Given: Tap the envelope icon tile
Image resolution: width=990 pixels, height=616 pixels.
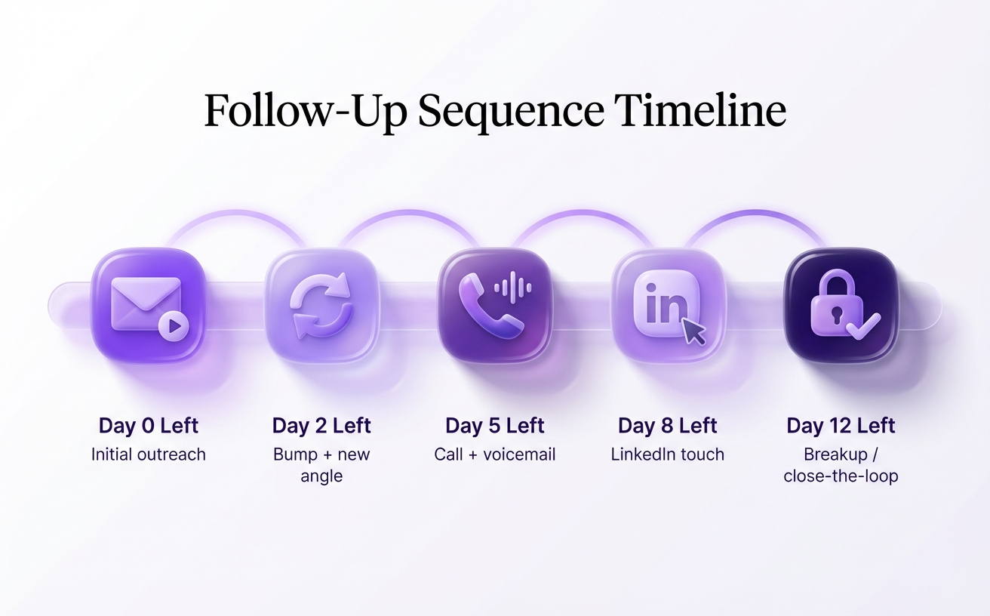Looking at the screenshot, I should pos(148,306).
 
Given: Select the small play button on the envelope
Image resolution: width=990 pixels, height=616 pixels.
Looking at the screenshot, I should pos(174,326).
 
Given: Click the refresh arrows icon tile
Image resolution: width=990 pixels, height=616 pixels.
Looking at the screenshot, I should pos(321,306).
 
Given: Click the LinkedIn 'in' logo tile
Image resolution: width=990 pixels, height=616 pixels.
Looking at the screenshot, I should pos(667,306).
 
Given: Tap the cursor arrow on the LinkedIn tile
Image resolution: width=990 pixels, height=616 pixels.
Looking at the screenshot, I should pos(693,331).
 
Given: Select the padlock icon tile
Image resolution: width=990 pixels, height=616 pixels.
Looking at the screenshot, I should pos(841,306).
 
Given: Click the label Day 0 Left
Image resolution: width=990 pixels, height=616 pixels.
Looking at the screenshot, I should pos(148,426).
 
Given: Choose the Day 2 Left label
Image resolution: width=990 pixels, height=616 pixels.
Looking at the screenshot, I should pos(321,426).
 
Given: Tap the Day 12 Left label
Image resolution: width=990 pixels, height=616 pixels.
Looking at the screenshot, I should pos(841,426).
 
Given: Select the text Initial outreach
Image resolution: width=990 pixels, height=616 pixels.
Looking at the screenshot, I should pos(148,454).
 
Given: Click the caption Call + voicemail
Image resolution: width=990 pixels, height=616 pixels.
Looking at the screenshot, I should pos(495,454).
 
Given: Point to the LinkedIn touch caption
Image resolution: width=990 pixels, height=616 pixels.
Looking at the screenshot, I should pos(667,454).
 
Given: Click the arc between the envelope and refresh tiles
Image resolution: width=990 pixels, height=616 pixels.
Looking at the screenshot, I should pos(235,214).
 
